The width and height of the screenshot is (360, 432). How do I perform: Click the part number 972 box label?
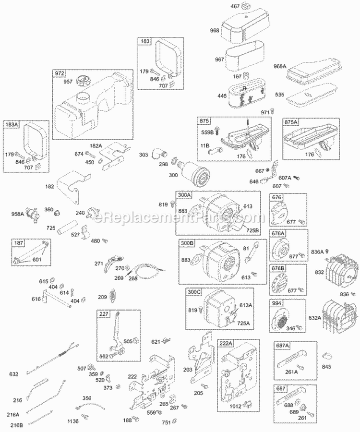[59, 73]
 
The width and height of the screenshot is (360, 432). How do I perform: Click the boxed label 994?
[276, 303]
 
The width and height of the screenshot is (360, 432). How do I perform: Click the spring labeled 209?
[114, 295]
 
